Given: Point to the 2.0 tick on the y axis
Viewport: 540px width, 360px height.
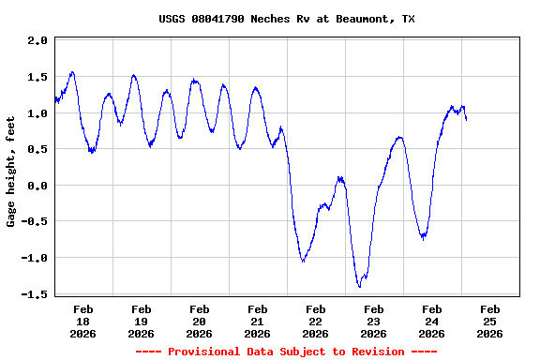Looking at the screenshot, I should pyautogui.click(x=37, y=41).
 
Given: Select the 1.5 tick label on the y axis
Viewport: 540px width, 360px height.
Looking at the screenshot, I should pyautogui.click(x=37, y=78).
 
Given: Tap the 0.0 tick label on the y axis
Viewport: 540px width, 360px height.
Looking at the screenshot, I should pyautogui.click(x=37, y=186).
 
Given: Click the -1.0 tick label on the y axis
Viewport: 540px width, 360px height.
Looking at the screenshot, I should pyautogui.click(x=35, y=258).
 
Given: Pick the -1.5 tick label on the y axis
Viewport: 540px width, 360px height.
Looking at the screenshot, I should pyautogui.click(x=35, y=294).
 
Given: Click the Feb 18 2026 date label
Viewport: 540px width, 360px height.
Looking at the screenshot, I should pyautogui.click(x=82, y=321).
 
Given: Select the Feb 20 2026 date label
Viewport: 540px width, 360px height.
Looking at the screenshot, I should pyautogui.click(x=199, y=321).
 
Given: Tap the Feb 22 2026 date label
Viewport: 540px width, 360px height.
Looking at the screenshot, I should pyautogui.click(x=315, y=321).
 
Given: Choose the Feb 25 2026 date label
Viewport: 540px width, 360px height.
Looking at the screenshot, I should pyautogui.click(x=489, y=321).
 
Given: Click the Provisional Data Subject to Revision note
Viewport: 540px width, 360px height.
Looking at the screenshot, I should pyautogui.click(x=286, y=352).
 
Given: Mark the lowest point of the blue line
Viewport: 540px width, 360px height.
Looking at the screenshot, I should pyautogui.click(x=359, y=286).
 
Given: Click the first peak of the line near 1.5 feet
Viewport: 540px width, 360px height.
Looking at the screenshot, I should pyautogui.click(x=72, y=71).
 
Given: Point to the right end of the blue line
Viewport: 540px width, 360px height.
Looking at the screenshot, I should pyautogui.click(x=466, y=119).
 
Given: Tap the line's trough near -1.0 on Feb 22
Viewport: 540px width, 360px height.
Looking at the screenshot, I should pyautogui.click(x=303, y=261).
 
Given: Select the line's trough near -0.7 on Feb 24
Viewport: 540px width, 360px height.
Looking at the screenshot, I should pyautogui.click(x=424, y=238).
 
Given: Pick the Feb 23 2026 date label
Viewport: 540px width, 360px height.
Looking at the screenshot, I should pyautogui.click(x=373, y=321).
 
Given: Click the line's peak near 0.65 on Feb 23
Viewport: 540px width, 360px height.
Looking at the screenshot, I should pyautogui.click(x=400, y=137).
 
